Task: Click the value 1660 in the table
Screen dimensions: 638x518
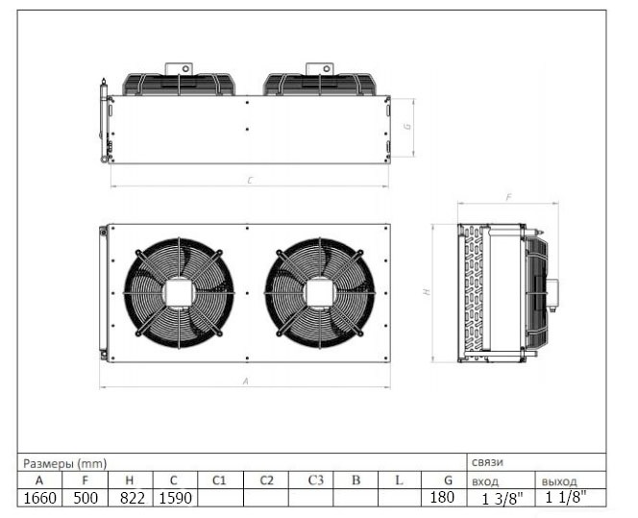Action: (40, 498)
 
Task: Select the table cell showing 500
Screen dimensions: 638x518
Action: (86, 498)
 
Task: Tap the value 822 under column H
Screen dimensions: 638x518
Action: (133, 498)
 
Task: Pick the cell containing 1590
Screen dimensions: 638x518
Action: (175, 498)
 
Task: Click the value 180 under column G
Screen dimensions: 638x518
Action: (442, 497)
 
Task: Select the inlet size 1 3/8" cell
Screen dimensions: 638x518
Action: (503, 499)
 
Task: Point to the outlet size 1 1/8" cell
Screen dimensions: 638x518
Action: (566, 497)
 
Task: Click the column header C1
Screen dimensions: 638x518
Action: (219, 481)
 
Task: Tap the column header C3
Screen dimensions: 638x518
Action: (315, 481)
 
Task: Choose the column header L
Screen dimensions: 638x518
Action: (399, 481)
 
